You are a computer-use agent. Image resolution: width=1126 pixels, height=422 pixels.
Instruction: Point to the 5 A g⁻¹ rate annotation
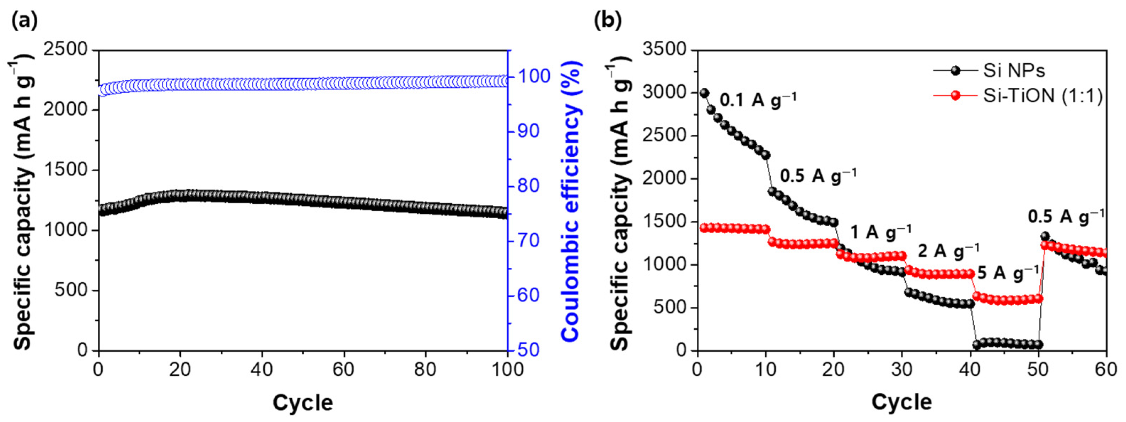coord(1008,273)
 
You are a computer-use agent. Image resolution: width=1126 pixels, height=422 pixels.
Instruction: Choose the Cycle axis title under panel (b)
coord(902,402)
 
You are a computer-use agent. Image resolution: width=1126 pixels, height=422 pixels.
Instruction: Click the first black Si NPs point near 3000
coord(704,93)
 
